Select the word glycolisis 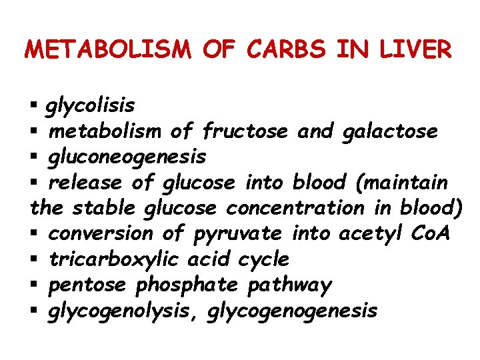89,105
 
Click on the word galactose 389,131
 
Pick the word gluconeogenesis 127,157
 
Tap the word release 85,182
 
